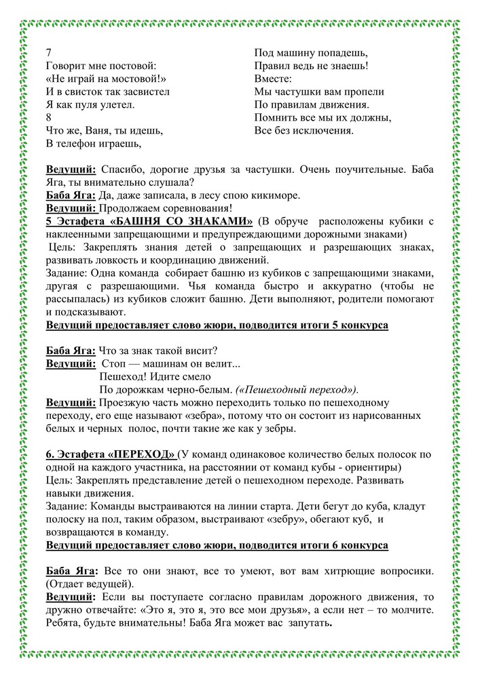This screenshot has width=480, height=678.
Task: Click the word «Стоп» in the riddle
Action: pos(122,363)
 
